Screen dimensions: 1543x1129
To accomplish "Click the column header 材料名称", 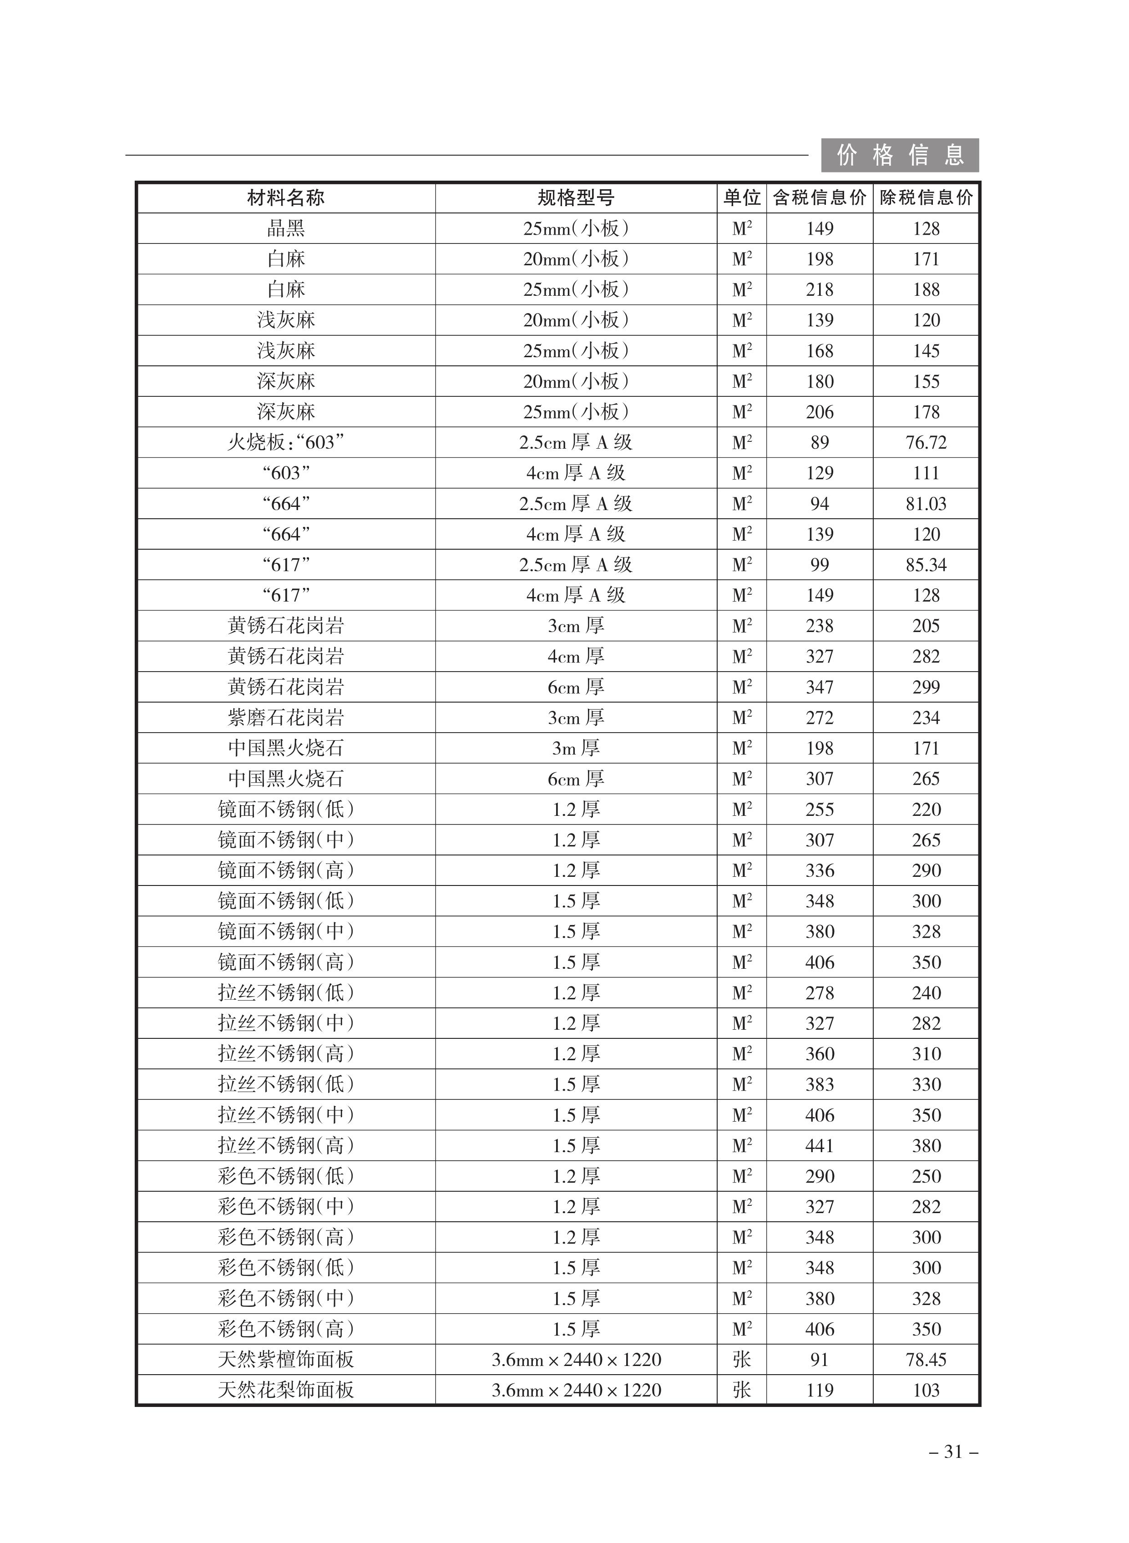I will [286, 198].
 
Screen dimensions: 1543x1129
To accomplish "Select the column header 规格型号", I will [576, 198].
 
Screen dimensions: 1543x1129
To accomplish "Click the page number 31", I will [953, 1452].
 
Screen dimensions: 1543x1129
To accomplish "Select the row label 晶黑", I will [286, 229].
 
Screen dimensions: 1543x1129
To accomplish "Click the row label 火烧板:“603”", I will [286, 443].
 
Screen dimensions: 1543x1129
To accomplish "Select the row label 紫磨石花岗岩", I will [286, 718].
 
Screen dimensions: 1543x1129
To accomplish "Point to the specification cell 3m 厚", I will [576, 748].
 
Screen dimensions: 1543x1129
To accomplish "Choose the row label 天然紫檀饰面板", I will [286, 1360].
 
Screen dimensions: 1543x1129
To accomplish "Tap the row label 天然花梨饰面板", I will [286, 1391].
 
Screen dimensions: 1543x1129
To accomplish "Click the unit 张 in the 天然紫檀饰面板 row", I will [741, 1360].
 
